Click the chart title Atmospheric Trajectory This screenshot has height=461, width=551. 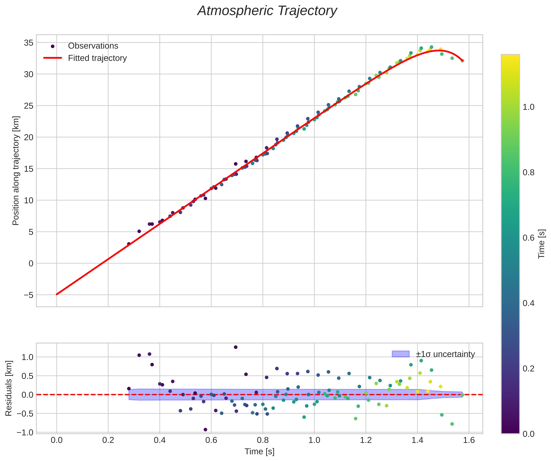[x=267, y=11]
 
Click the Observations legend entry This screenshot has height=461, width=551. [x=93, y=46]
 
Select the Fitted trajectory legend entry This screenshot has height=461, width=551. [x=97, y=58]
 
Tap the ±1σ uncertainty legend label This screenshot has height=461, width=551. [x=445, y=354]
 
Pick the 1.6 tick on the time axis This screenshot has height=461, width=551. [x=469, y=440]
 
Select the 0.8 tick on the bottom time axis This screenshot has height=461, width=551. [x=263, y=440]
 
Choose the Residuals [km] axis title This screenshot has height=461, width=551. [x=9, y=388]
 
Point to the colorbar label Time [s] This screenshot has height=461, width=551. [x=542, y=244]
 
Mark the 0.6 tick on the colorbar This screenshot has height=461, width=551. [x=528, y=238]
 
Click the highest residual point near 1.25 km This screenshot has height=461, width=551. [x=236, y=347]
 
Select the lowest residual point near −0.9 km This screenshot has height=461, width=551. [x=205, y=430]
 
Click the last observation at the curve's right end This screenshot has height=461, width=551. [x=462, y=61]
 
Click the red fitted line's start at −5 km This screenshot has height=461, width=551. [x=57, y=294]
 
